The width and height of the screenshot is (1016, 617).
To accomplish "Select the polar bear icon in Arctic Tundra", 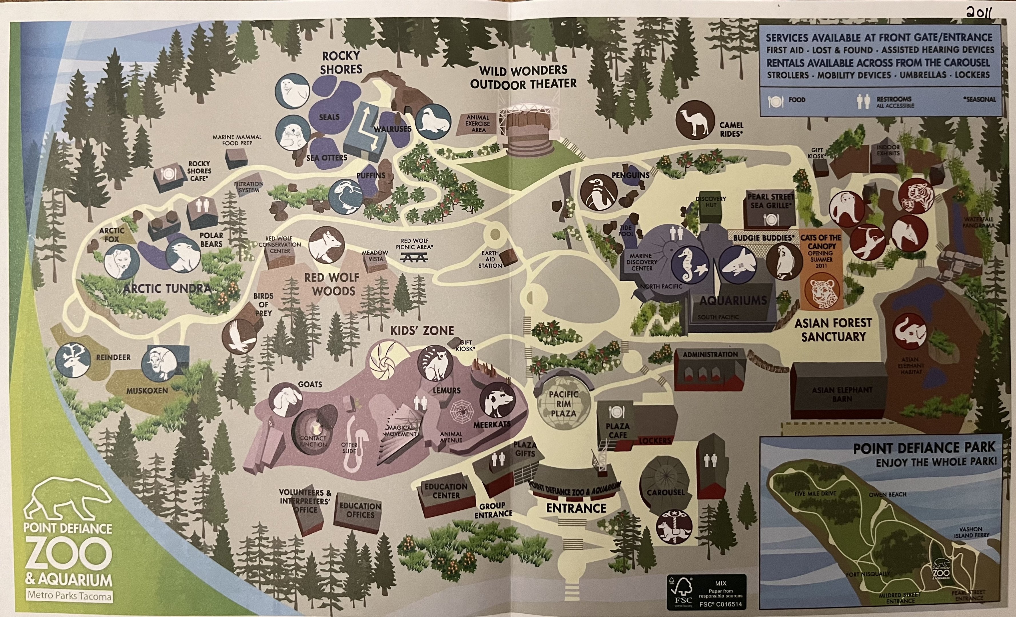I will click(x=183, y=256).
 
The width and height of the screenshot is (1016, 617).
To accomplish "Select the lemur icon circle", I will click(x=435, y=363).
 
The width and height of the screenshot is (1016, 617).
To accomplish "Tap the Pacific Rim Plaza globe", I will click(x=563, y=404).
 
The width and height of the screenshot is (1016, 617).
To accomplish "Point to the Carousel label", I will click(x=665, y=492).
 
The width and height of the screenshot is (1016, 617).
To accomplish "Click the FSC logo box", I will click(x=706, y=592).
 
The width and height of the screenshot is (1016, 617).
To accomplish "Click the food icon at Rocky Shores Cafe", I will click(x=168, y=174).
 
